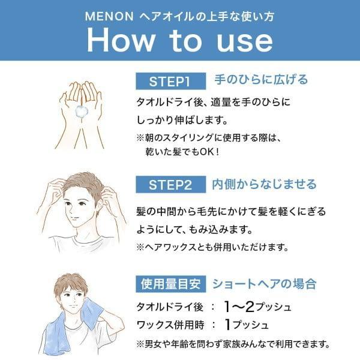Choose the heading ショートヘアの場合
coord(265,283)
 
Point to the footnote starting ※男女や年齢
coord(233,344)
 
